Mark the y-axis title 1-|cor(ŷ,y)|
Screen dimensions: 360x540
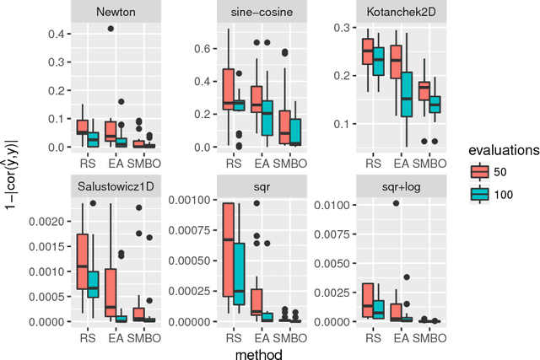[11, 174]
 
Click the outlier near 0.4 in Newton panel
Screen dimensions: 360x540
[110, 29]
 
